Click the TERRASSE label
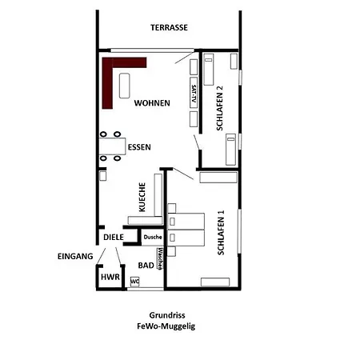(169, 27)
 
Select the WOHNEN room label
(152, 103)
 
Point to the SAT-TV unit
(194, 93)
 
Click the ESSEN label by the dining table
(139, 147)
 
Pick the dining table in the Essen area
(112, 146)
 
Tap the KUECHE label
(142, 197)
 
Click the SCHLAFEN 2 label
(219, 108)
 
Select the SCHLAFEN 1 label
(221, 233)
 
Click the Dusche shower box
(153, 237)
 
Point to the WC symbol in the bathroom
(134, 282)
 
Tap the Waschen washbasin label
(160, 258)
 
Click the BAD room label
(146, 266)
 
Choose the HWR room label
(110, 278)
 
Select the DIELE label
(114, 238)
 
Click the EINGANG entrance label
(75, 256)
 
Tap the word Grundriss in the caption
(167, 315)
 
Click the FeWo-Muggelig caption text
(166, 326)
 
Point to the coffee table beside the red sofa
(125, 86)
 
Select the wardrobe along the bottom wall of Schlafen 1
(215, 282)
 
